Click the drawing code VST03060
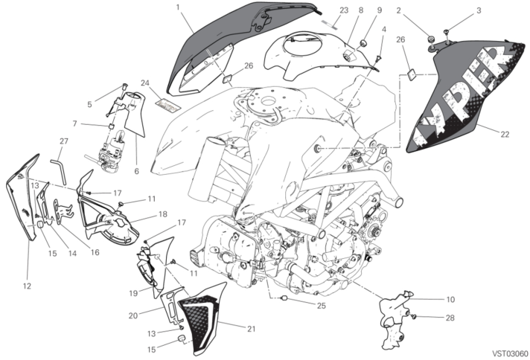pyautogui.click(x=510, y=353)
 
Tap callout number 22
pyautogui.click(x=505, y=135)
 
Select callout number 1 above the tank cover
pyautogui.click(x=178, y=7)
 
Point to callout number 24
pyautogui.click(x=145, y=83)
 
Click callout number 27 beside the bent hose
pyautogui.click(x=64, y=141)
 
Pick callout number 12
pyautogui.click(x=27, y=286)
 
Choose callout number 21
pyautogui.click(x=251, y=329)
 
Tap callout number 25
pyautogui.click(x=321, y=306)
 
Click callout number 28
pyautogui.click(x=450, y=318)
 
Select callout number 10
pyautogui.click(x=450, y=299)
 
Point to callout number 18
pyautogui.click(x=163, y=214)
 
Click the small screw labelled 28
pyautogui.click(x=413, y=316)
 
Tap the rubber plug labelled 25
pyautogui.click(x=284, y=298)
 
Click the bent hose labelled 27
pyautogui.click(x=59, y=170)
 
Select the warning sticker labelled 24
pyautogui.click(x=168, y=105)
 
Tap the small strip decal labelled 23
pyautogui.click(x=330, y=23)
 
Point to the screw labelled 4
pyautogui.click(x=379, y=60)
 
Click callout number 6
pyautogui.click(x=136, y=171)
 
